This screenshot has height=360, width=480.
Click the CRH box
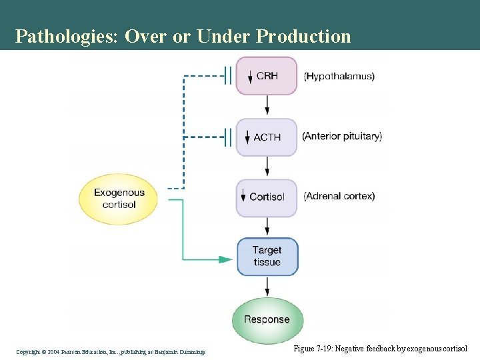pyautogui.click(x=267, y=76)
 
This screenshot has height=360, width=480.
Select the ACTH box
pyautogui.click(x=267, y=137)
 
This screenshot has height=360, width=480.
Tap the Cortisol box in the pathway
pyautogui.click(x=267, y=197)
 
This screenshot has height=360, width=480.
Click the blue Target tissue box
pyautogui.click(x=267, y=256)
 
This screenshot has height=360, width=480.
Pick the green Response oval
pyautogui.click(x=267, y=319)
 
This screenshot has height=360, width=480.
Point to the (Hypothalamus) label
pyautogui.click(x=339, y=76)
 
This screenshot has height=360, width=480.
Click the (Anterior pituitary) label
pyautogui.click(x=342, y=136)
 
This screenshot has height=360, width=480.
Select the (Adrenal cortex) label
pyautogui.click(x=339, y=196)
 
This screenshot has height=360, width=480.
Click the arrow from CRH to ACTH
pyautogui.click(x=267, y=105)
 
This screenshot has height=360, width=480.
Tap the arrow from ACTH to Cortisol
pyautogui.click(x=267, y=166)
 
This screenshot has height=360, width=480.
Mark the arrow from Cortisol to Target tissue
pyautogui.click(x=267, y=226)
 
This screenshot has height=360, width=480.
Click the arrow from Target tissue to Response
pyautogui.click(x=267, y=286)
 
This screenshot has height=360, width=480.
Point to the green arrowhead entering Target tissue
pyautogui.click(x=226, y=259)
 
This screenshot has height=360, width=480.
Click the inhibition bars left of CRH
pyautogui.click(x=229, y=76)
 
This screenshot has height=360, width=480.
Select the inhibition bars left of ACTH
pyautogui.click(x=229, y=137)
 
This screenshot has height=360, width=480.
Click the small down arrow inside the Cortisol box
pyautogui.click(x=243, y=197)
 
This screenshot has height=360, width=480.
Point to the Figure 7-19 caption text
pyautogui.click(x=381, y=349)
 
